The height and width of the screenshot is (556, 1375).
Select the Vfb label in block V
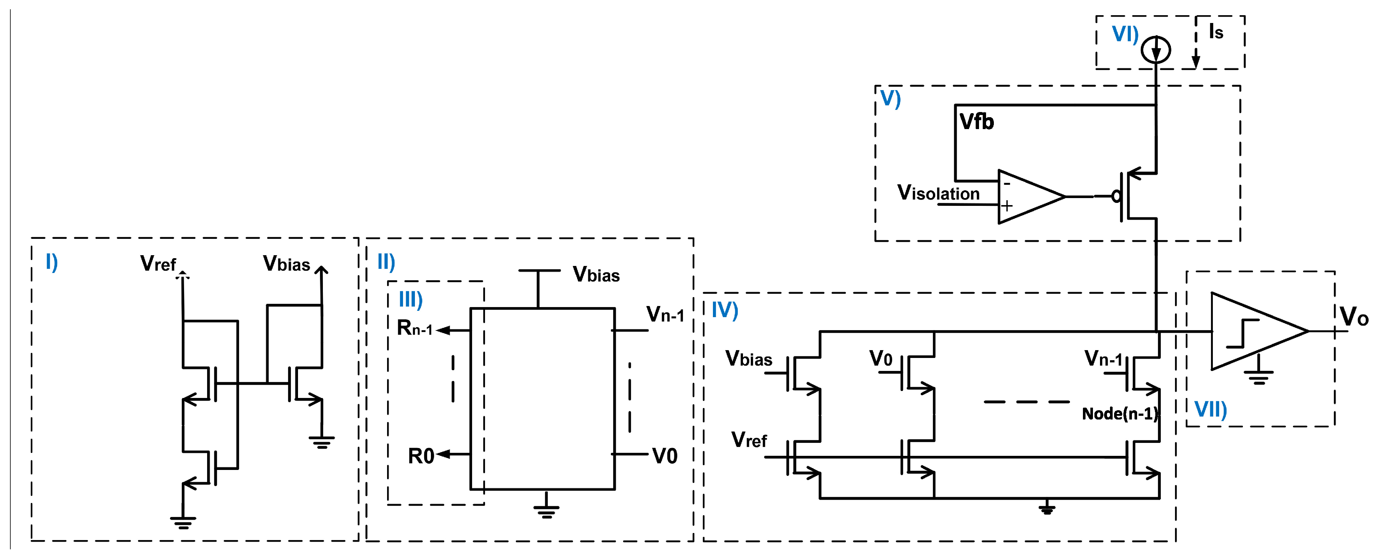tap(976, 122)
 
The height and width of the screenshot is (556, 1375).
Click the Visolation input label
tap(938, 193)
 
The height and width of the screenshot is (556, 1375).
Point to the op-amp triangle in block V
tap(1028, 197)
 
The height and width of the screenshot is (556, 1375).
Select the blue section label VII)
tap(1211, 409)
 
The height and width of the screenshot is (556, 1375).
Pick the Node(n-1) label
tap(1119, 414)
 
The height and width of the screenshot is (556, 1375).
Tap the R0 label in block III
tap(420, 456)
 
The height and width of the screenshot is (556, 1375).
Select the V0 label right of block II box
tap(665, 456)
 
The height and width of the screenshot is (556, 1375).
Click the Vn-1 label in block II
tap(665, 314)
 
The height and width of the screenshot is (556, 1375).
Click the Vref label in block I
tap(158, 264)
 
